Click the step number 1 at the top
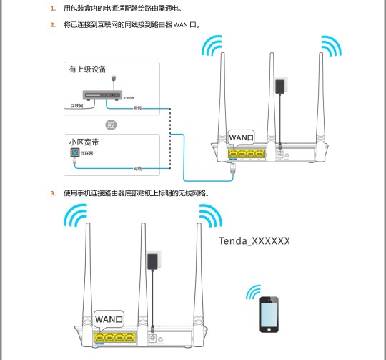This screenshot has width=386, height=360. [52, 9]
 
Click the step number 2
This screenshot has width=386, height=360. [52, 25]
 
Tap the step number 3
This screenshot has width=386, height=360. [52, 193]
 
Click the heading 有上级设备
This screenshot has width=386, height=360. [87, 69]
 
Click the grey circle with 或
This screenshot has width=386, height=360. [110, 125]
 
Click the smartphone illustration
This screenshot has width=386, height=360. [269, 313]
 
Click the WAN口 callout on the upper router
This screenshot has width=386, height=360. [241, 137]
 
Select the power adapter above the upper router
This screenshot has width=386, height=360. [279, 87]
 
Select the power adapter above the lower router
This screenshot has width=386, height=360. [152, 261]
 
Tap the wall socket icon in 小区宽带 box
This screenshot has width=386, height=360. [73, 153]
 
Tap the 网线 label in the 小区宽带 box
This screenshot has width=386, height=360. [138, 168]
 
